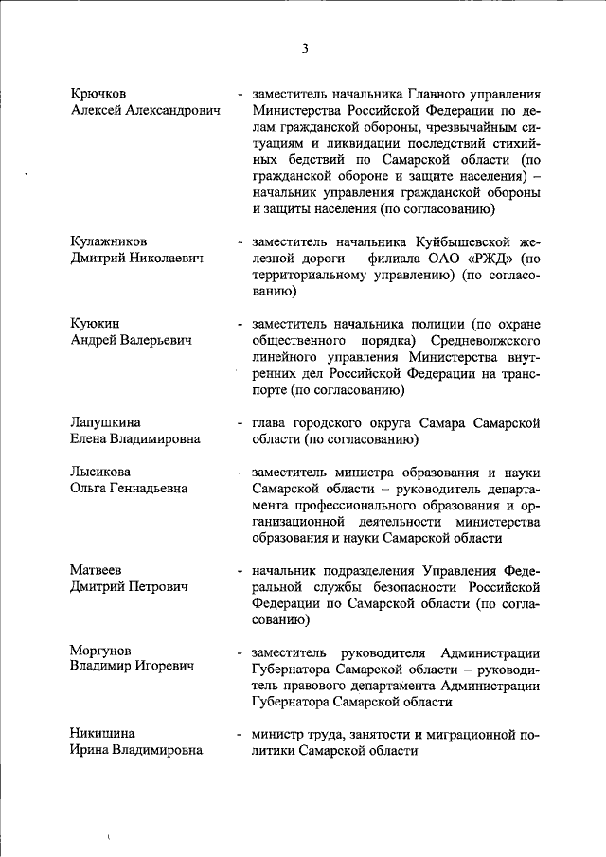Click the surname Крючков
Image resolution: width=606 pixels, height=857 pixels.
pos(98,94)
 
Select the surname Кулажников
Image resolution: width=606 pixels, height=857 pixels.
pos(108,241)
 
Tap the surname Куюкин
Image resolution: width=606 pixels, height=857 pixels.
pos(95,323)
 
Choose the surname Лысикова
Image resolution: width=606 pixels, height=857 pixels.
pos(100,472)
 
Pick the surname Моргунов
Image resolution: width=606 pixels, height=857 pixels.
pos(101,652)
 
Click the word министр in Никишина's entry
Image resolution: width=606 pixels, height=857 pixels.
pos(280,734)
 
